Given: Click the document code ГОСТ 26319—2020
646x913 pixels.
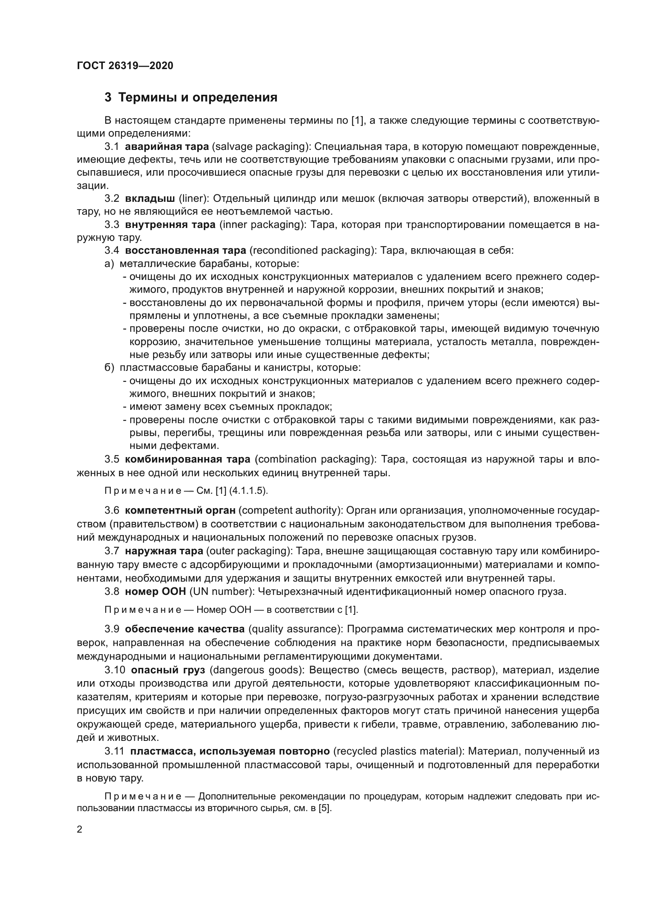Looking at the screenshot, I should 125,66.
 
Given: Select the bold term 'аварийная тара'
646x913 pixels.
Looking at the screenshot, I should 167,147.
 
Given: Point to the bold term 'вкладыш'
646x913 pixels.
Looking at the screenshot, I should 150,198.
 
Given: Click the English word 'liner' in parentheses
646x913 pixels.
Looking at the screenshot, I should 191,198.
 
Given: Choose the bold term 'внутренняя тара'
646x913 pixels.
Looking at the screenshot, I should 170,225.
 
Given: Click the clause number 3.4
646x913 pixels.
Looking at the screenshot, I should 112,251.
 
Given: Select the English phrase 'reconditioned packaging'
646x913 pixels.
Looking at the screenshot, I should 311,251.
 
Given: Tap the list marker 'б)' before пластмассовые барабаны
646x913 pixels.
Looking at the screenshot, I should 109,367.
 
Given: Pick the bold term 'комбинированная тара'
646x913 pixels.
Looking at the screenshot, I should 187,459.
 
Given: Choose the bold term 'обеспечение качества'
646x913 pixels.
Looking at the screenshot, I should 185,629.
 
